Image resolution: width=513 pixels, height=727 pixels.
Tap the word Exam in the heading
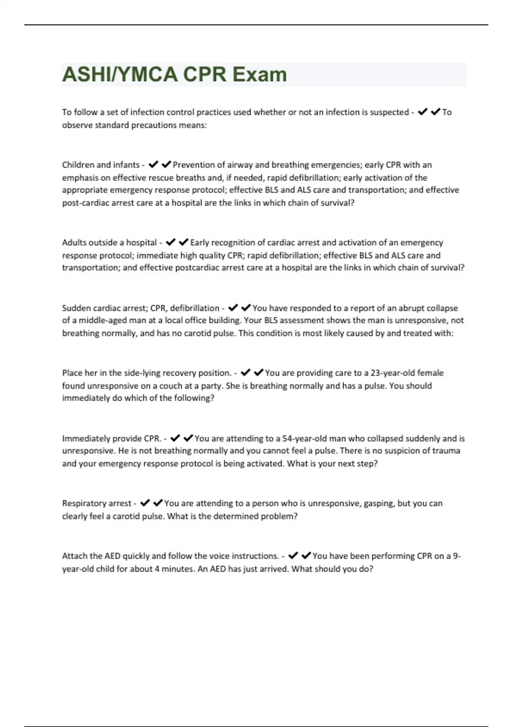coord(259,74)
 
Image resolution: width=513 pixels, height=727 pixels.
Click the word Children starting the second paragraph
coord(78,165)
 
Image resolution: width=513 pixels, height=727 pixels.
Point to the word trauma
coord(447,451)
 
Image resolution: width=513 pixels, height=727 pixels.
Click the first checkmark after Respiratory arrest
coord(145,503)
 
